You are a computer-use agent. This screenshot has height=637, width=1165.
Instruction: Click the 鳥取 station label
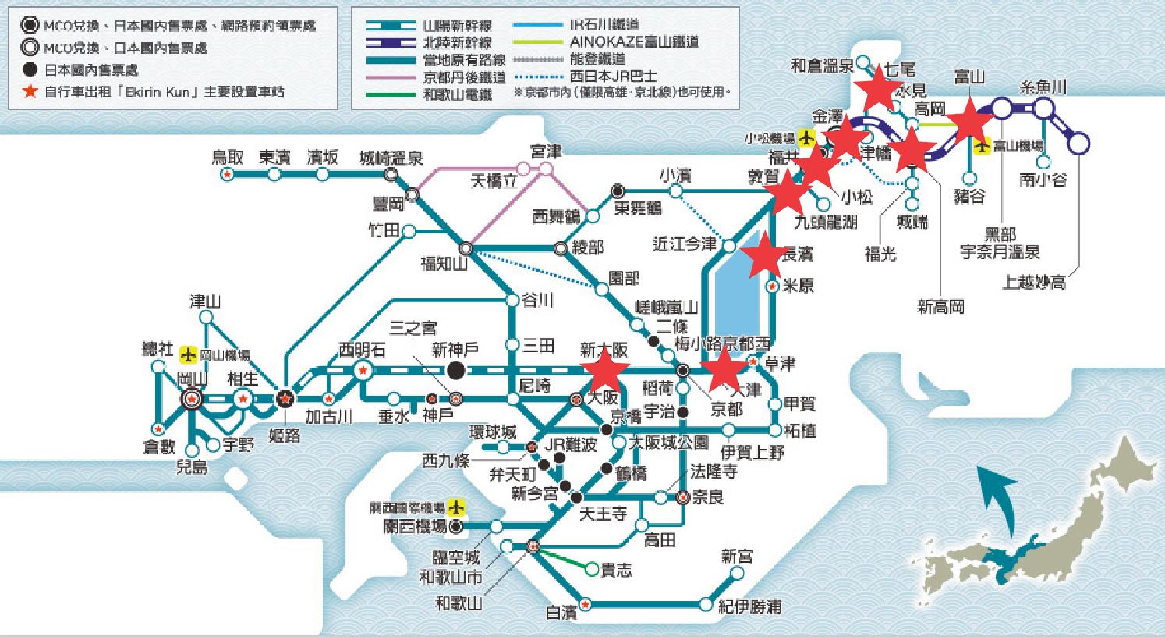pyautogui.click(x=228, y=157)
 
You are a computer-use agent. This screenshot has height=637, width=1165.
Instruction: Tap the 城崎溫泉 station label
pyautogui.click(x=391, y=158)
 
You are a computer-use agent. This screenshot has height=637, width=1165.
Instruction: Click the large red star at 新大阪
pyautogui.click(x=605, y=369)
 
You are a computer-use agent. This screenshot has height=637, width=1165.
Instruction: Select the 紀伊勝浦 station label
pyautogui.click(x=750, y=607)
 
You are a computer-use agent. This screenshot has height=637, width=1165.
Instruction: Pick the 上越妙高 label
pyautogui.click(x=1034, y=282)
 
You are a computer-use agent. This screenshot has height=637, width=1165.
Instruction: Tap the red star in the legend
pyautogui.click(x=30, y=91)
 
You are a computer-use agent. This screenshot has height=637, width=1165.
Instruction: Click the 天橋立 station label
pyautogui.click(x=494, y=182)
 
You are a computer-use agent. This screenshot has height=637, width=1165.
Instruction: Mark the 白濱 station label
pyautogui.click(x=561, y=613)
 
